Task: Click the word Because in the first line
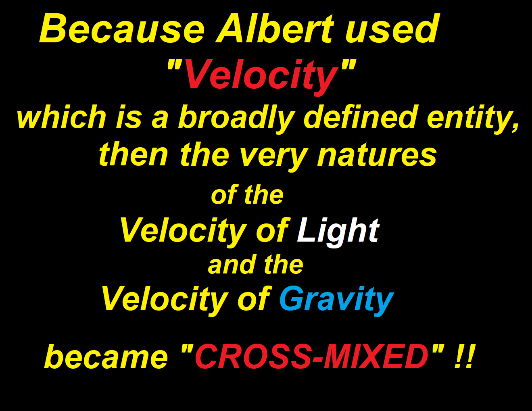pyautogui.click(x=122, y=29)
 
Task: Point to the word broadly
pyautogui.click(x=236, y=119)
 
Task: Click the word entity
pyautogui.click(x=469, y=119)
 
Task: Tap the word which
pyautogui.click(x=61, y=116)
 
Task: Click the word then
pyautogui.click(x=134, y=154)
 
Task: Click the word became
pyautogui.click(x=106, y=356)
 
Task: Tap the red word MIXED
pyautogui.click(x=376, y=356)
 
